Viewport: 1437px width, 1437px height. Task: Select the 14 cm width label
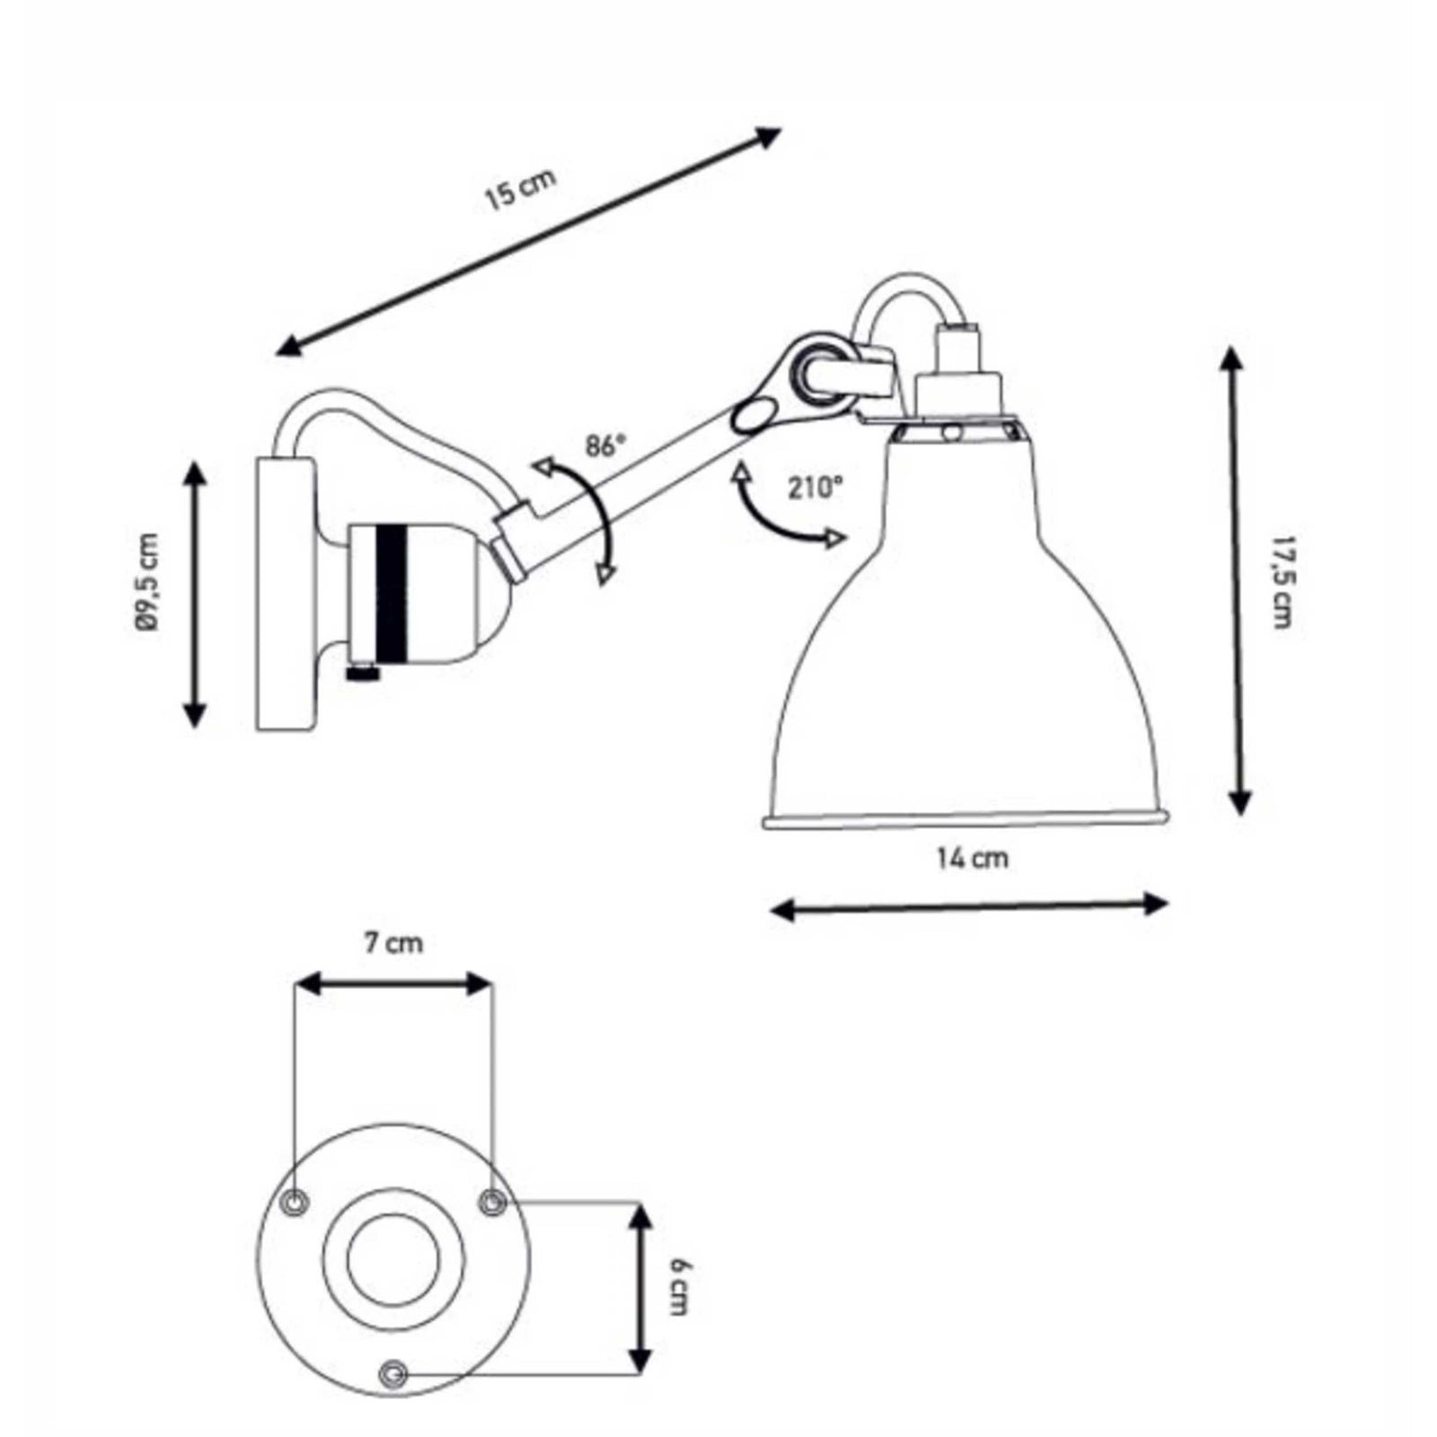click(x=972, y=859)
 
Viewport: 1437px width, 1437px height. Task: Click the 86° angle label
click(x=604, y=445)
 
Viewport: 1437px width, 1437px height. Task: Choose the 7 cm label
click(x=393, y=943)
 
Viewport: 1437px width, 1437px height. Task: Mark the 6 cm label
click(x=680, y=1286)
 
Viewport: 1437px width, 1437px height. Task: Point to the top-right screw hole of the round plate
click(x=491, y=1202)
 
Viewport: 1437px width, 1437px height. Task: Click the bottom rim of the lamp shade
click(x=965, y=819)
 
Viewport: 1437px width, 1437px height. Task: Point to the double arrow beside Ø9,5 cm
click(x=195, y=594)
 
